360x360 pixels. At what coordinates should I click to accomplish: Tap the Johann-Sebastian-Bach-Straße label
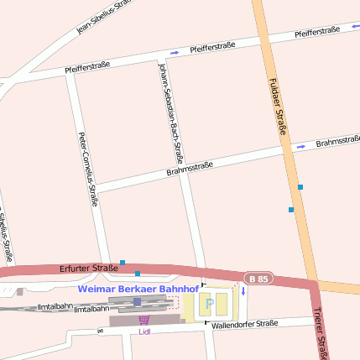pos(170,112)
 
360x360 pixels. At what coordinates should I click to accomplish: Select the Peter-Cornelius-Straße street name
pos(88,168)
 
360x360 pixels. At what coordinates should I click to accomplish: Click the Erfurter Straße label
pos(89,269)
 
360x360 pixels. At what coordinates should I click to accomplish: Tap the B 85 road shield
pos(258,278)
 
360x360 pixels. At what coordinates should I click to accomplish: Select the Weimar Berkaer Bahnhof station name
pos(138,289)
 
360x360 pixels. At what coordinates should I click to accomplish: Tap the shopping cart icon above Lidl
pos(144,320)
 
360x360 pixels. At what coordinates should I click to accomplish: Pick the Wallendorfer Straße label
pos(244,324)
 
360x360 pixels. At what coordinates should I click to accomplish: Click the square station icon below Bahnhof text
pos(138,301)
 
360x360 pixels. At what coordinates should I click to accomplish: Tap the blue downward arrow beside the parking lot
pos(243,291)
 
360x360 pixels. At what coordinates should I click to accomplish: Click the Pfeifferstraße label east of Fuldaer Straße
pos(317,32)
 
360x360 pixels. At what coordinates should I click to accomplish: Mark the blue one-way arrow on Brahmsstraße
pos(300,148)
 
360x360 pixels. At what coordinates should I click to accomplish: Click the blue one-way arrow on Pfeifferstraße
pos(175,53)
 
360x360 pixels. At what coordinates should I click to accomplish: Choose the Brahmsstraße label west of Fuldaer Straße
pos(189,168)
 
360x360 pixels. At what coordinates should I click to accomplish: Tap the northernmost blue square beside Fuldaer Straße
pos(300,186)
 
